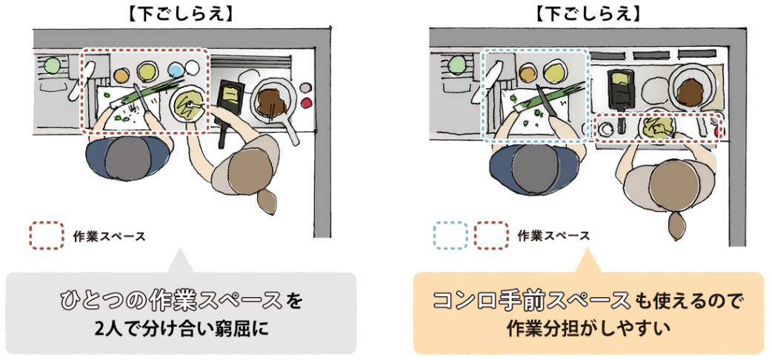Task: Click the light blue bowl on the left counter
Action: pos(176,70)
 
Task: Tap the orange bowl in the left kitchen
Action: pos(122,75)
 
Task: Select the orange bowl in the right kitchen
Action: pos(528,73)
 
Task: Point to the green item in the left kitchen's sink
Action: pos(52,66)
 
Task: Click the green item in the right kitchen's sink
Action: pos(456,66)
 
